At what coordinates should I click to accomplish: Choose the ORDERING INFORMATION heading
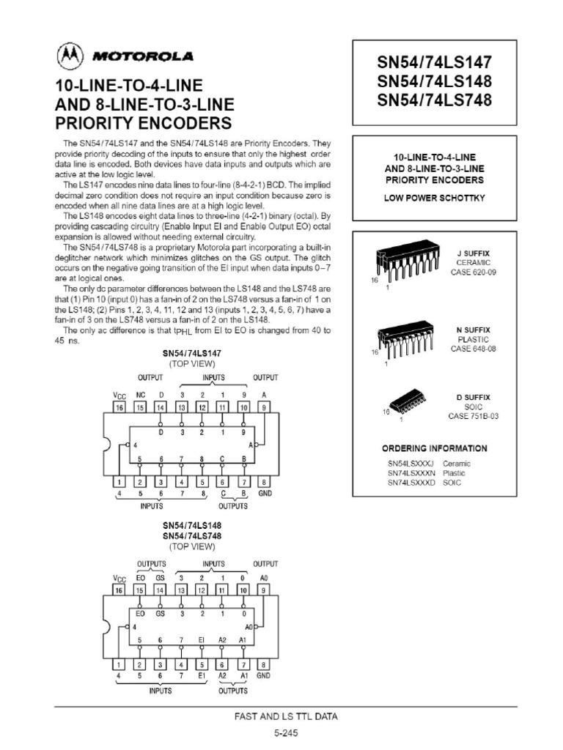coord(434,448)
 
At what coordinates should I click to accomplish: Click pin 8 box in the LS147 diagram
coord(264,482)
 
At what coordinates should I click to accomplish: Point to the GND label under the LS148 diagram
coord(264,673)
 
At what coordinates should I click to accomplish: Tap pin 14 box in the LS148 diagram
coord(160,590)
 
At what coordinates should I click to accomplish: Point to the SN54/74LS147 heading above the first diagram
coord(192,352)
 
